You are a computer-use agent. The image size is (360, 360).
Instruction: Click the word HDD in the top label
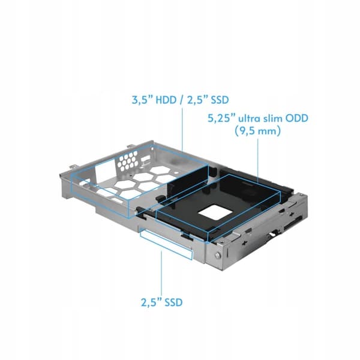click(166, 100)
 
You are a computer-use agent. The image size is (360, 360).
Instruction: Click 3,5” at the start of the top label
click(141, 100)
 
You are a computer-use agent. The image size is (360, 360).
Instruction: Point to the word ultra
click(249, 118)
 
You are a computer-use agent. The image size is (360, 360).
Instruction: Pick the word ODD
click(296, 118)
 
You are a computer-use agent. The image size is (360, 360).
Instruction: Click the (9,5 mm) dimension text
click(257, 131)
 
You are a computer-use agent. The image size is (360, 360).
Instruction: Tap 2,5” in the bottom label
click(151, 302)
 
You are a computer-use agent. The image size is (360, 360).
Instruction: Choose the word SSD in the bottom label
click(172, 302)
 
